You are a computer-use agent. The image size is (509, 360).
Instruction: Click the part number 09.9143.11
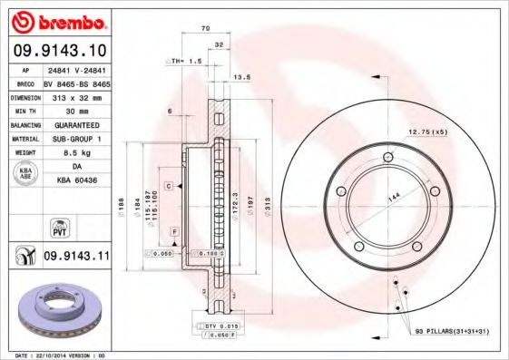tap(75, 257)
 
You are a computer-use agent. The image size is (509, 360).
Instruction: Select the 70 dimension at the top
tap(205, 30)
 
